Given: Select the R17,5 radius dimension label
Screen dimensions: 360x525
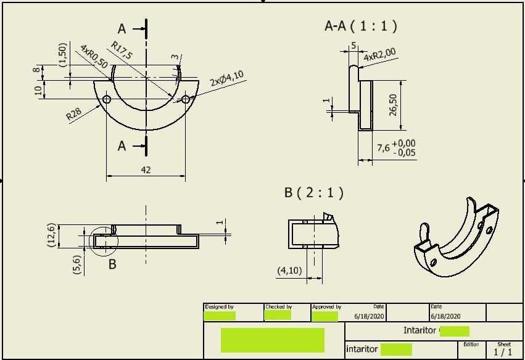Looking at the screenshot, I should pyautogui.click(x=122, y=50).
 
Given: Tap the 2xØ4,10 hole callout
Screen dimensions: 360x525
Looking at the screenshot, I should pyautogui.click(x=226, y=78).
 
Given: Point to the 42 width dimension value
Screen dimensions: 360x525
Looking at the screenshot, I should pyautogui.click(x=146, y=170).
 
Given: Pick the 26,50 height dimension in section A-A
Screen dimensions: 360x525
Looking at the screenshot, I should pyautogui.click(x=393, y=104).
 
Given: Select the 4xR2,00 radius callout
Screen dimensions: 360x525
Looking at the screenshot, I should pyautogui.click(x=379, y=55).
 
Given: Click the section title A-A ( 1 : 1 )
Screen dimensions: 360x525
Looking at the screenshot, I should pyautogui.click(x=360, y=26).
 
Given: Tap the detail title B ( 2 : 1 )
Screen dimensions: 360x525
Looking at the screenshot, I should pyautogui.click(x=313, y=192).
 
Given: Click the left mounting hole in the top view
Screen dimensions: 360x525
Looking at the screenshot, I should pyautogui.click(x=107, y=99).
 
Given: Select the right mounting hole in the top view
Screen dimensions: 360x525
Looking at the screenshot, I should pyautogui.click(x=186, y=99).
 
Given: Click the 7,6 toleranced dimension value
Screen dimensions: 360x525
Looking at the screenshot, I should pyautogui.click(x=383, y=148).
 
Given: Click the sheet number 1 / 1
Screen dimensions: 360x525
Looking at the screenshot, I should pyautogui.click(x=503, y=352).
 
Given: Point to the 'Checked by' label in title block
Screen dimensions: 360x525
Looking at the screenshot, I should pyautogui.click(x=278, y=307).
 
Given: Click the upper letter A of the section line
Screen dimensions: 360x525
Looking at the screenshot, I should pyautogui.click(x=122, y=29).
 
